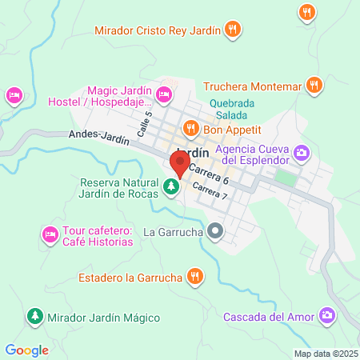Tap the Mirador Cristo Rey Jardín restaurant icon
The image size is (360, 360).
233,30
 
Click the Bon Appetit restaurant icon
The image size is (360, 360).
190,128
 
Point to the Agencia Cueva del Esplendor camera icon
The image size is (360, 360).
302,151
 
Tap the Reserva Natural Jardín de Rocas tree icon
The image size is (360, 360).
170,187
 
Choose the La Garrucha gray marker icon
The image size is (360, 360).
214,233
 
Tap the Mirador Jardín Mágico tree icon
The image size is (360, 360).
34,317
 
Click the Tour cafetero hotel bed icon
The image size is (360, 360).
50,234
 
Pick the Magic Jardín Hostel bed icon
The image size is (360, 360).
164,96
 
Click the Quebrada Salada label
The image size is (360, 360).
234,109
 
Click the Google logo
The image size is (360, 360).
26,350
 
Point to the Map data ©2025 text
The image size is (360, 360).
325,354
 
